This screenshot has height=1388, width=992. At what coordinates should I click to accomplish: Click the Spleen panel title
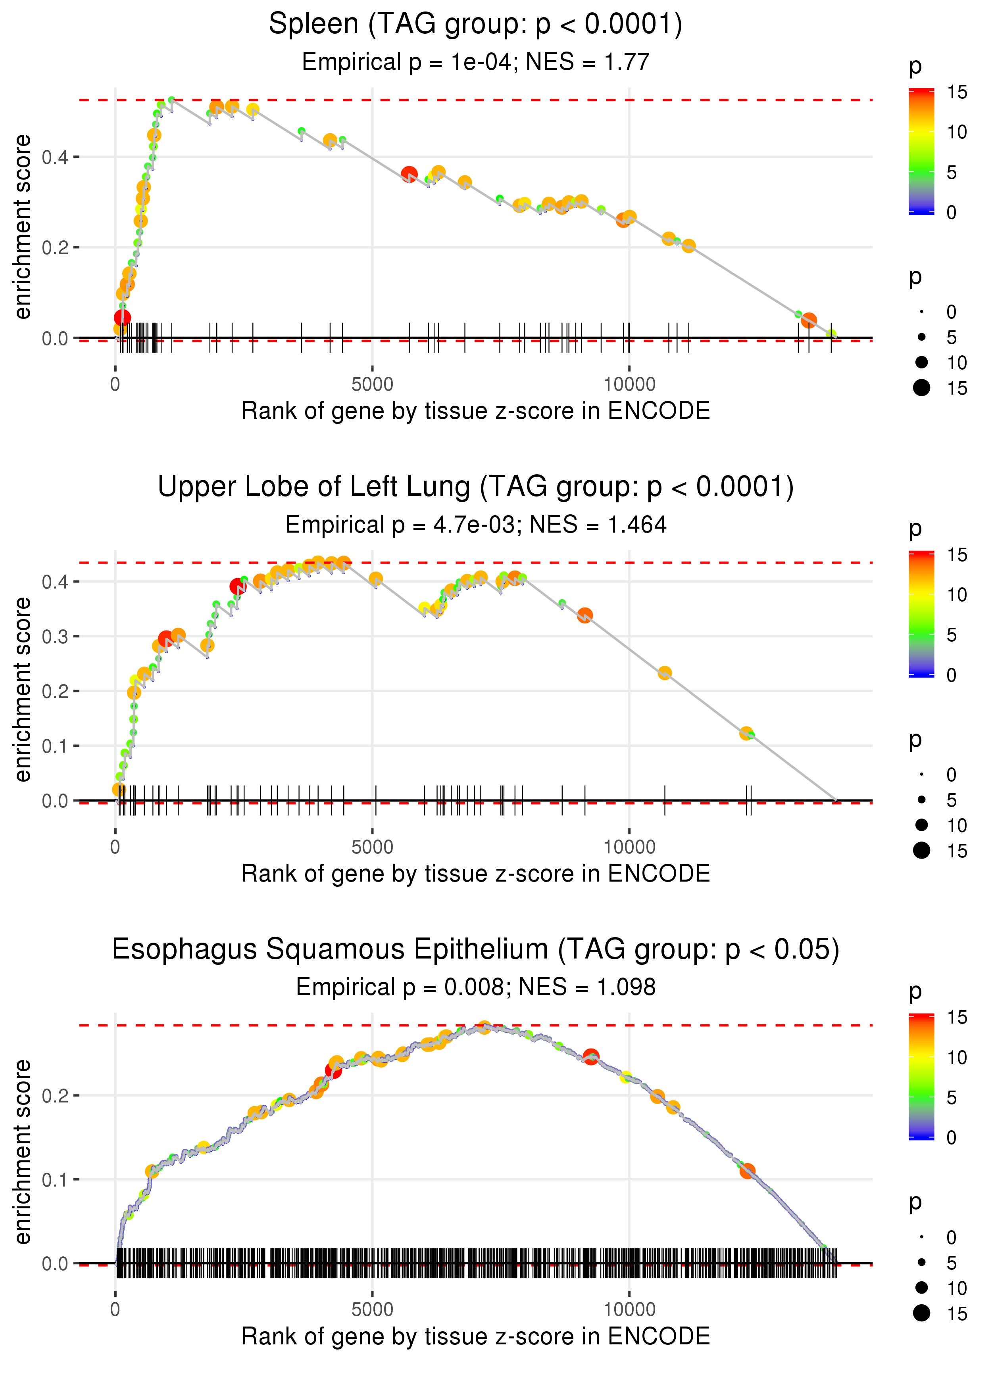click(x=475, y=25)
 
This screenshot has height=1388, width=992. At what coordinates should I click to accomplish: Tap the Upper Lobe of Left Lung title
click(x=475, y=487)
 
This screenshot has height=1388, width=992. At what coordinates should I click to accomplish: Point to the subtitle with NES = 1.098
click(x=475, y=987)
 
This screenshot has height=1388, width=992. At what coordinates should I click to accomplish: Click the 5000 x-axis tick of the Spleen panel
click(x=372, y=385)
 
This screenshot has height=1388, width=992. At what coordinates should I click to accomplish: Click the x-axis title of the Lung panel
click(x=475, y=874)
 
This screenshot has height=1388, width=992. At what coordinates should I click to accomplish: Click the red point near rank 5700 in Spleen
click(x=409, y=174)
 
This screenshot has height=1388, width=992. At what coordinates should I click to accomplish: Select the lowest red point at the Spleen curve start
click(x=123, y=317)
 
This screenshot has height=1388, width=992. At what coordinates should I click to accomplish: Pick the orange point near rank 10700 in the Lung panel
click(x=665, y=673)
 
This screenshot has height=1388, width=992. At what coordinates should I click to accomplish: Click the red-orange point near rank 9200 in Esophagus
click(x=591, y=1056)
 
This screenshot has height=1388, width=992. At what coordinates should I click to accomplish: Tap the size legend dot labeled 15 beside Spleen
click(x=922, y=387)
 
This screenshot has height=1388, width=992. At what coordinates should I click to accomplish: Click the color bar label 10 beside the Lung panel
click(x=957, y=594)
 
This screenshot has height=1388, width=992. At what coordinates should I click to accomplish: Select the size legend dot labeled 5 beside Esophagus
click(x=922, y=1262)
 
